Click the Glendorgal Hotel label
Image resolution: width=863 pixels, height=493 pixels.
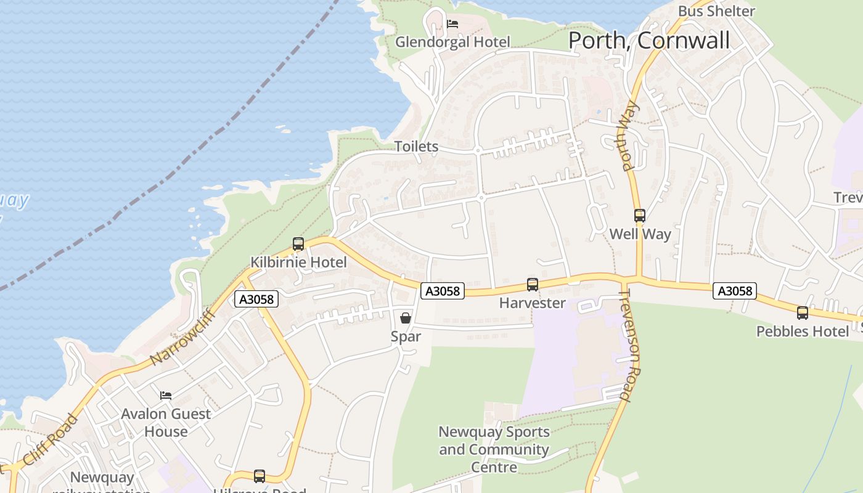452,42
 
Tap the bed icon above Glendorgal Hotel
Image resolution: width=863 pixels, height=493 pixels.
452,25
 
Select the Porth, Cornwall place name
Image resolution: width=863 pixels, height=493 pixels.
648,40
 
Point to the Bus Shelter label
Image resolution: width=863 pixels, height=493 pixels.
716,11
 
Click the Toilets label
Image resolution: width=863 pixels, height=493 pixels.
416,147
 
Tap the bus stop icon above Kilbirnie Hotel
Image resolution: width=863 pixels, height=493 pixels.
298,244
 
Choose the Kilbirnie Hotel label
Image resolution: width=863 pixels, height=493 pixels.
298,263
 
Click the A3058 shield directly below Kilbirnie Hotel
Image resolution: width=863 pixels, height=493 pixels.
256,299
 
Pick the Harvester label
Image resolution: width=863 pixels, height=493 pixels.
532,303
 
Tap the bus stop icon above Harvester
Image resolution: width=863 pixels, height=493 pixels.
532,285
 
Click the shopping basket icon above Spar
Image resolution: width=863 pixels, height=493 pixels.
406,318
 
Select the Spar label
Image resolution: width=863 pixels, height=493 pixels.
406,336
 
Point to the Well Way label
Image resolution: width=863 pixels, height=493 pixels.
640,234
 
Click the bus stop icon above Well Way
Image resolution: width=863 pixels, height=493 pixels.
640,216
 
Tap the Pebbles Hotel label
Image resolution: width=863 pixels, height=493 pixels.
802,332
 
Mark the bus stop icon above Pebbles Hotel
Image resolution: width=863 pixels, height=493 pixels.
802,313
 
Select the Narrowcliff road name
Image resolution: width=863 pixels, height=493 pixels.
183,336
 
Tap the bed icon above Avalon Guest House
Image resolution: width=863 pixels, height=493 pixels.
165,395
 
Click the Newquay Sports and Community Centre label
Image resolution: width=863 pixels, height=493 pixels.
494,449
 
